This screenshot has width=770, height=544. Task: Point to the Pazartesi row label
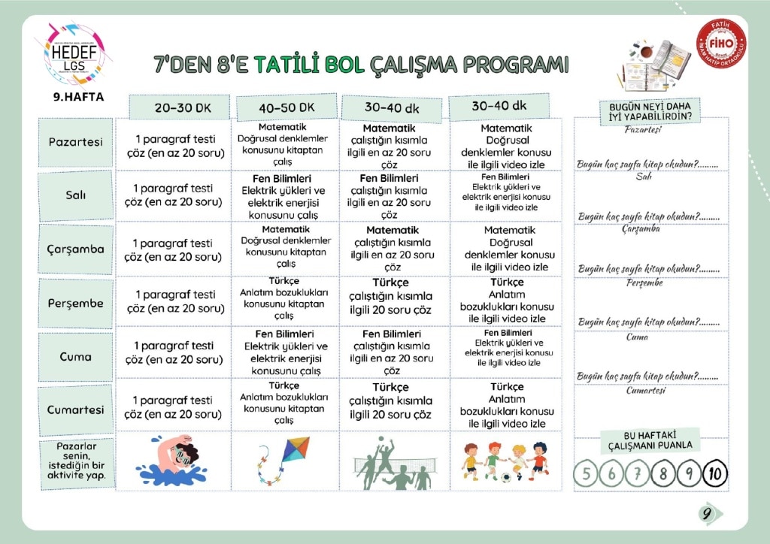tap(75, 142)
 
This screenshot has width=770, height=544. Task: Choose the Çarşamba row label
tap(75, 249)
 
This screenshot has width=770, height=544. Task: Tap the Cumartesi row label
tap(75, 410)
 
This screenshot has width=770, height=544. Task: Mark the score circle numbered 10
tap(714, 474)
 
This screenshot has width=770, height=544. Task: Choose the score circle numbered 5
tap(587, 474)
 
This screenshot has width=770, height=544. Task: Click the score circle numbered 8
tap(663, 474)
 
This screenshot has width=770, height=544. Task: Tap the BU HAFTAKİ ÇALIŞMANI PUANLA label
tap(650, 441)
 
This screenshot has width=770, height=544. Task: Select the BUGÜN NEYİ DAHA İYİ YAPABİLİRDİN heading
tap(650, 110)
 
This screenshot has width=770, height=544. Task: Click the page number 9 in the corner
tap(707, 514)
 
